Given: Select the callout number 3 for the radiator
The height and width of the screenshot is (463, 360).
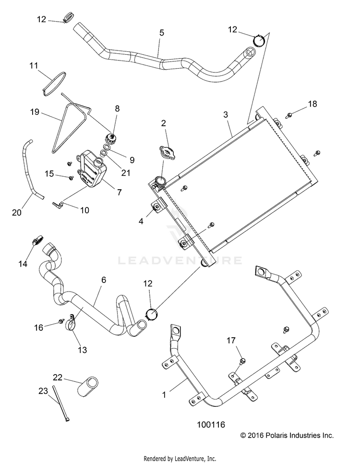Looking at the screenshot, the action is (226, 115).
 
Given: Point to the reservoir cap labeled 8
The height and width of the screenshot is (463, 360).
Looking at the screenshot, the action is (111, 138).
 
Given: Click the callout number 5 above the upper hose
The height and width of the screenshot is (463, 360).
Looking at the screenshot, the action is (162, 33).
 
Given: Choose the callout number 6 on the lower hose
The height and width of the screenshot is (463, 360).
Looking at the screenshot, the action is (104, 280).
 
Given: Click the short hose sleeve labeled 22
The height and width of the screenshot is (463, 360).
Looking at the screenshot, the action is (88, 386).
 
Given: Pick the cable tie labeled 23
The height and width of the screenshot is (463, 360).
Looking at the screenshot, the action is (61, 403).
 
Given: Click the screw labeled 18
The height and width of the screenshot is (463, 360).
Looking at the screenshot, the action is (289, 115).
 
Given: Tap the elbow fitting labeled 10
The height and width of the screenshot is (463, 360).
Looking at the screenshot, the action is (59, 204).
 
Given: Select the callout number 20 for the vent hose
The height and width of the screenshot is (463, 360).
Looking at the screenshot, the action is (16, 212).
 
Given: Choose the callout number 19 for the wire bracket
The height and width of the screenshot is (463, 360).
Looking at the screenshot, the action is (35, 112).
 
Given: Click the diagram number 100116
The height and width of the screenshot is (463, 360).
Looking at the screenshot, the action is (211, 425).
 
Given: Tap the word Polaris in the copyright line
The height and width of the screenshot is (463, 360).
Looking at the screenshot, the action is (277, 435).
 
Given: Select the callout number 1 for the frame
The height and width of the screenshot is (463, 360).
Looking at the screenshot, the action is (164, 394).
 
